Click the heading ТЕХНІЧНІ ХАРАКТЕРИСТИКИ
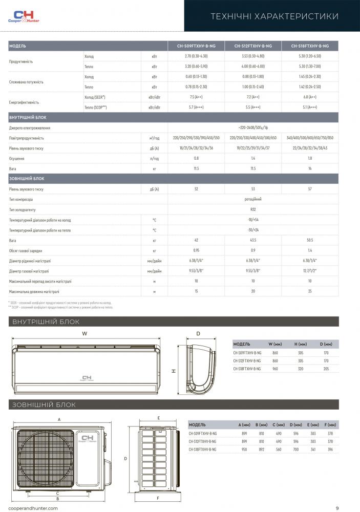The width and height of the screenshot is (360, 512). coord(274,17)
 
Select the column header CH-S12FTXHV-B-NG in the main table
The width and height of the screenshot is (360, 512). coord(253,46)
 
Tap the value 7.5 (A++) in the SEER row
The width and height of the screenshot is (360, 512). coord(196,97)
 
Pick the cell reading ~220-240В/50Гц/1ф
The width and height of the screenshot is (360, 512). coord(253,127)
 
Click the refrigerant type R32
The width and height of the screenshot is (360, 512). coord(253,209)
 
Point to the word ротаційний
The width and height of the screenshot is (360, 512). coord(253,199)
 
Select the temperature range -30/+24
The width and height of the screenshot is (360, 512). coord(253,230)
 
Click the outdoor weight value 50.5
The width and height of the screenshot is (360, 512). coord(310,240)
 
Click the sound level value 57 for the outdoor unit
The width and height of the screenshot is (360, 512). coord(310,189)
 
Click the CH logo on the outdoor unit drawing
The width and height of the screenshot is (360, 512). coord(89,441)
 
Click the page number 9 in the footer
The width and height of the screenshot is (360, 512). coord(337,508)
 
